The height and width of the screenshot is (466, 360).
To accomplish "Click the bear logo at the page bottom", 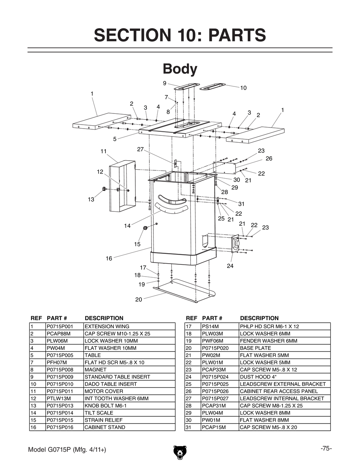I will tap(180, 452).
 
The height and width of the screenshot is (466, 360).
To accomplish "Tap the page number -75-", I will tap(326, 448).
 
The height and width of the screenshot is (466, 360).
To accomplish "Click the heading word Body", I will tap(180, 69).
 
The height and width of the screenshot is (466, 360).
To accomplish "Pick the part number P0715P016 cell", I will tap(60, 427).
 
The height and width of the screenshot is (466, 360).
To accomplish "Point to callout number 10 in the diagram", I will tap(243, 88).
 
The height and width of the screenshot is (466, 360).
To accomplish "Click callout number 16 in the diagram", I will tap(109, 258).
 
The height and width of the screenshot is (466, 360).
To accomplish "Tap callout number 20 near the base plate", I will tap(139, 299).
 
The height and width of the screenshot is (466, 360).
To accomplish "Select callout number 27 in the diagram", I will tap(140, 149).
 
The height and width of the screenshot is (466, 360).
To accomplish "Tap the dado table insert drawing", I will tap(212, 87).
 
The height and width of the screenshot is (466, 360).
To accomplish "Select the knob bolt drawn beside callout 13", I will tap(104, 189).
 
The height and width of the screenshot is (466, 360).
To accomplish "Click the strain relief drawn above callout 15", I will tap(146, 228).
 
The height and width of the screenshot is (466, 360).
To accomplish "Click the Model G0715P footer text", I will tap(67, 450).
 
